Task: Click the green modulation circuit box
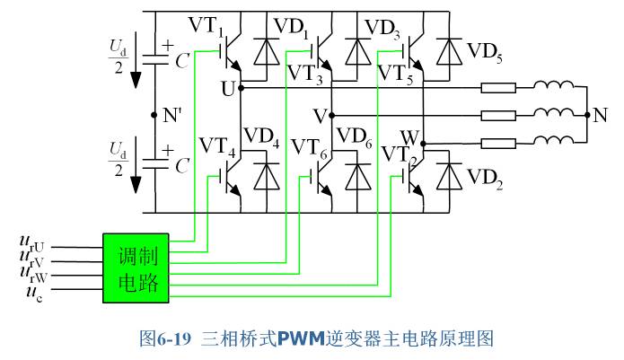tap(136, 268)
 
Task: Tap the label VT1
tap(206, 26)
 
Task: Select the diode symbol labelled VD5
tap(449, 51)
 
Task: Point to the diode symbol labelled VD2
tap(449, 176)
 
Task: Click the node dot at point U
tap(241, 87)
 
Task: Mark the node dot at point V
tap(331, 115)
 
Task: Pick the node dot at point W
tap(423, 144)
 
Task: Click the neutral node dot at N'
tap(154, 115)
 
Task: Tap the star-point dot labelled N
tap(587, 115)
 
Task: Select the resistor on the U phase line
tap(498, 88)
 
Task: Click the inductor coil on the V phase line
tap(554, 112)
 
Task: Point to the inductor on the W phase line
tap(554, 140)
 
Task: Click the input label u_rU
tap(31, 243)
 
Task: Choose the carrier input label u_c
tap(34, 294)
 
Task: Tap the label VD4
tap(261, 137)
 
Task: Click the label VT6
tap(310, 148)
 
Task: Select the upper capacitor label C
tap(182, 61)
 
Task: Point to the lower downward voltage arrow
tap(136, 164)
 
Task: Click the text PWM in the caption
tap(301, 338)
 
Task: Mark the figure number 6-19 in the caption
tap(174, 339)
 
